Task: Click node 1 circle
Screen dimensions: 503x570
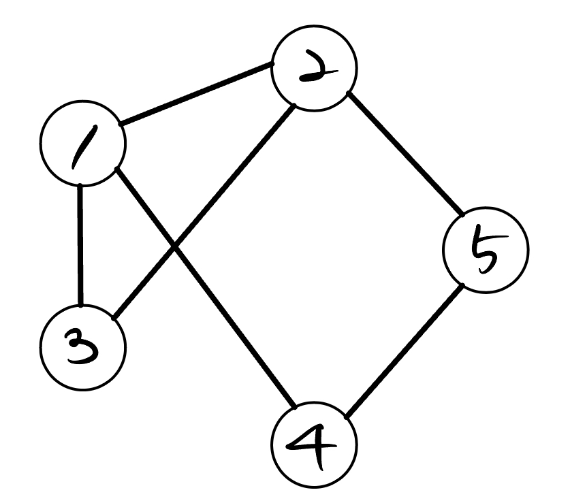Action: pyautogui.click(x=82, y=144)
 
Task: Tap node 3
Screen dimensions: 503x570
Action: pyautogui.click(x=82, y=345)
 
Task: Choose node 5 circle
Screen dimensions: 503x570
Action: pyautogui.click(x=485, y=250)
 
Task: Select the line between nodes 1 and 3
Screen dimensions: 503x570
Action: pyautogui.click(x=81, y=245)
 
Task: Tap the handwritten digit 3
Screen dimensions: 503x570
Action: pyautogui.click(x=82, y=346)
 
